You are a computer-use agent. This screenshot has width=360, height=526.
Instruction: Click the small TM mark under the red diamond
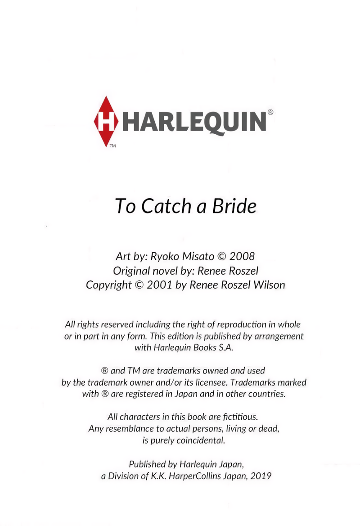pos(112,146)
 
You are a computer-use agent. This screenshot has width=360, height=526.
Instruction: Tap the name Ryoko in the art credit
pos(161,257)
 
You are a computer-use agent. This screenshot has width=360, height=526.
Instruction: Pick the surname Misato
pos(198,257)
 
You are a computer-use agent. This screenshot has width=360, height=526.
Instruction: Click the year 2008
pos(242,257)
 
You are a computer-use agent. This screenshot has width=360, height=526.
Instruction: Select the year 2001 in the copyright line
pos(161,285)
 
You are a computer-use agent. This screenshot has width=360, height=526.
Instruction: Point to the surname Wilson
pos(268,285)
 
